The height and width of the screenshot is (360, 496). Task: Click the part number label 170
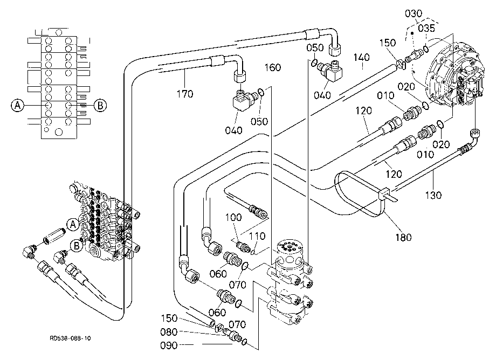[185, 94]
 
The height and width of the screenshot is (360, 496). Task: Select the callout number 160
[273, 67]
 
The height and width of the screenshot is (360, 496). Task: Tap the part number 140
[362, 57]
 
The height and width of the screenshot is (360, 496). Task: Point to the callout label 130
[433, 195]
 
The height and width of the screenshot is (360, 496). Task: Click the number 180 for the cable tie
[404, 237]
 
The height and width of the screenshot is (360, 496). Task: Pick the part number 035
[426, 29]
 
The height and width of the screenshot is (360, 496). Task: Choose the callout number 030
[414, 13]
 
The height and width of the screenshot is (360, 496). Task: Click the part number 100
[233, 217]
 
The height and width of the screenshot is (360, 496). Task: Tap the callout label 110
[257, 236]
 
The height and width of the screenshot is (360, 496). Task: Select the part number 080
[169, 332]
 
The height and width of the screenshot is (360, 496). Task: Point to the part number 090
[169, 345]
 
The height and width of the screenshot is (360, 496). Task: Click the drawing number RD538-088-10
[70, 338]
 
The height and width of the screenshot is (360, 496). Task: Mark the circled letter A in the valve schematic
[17, 105]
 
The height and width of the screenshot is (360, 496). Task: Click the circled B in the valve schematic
[100, 105]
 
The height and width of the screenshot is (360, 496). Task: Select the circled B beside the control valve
[76, 246]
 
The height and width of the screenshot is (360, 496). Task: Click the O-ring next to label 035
[426, 49]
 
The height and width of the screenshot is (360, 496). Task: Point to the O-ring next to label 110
[253, 252]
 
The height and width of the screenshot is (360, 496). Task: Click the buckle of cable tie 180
[383, 193]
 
